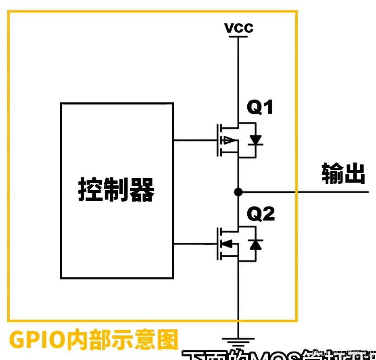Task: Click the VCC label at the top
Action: (239, 27)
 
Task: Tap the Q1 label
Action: (260, 108)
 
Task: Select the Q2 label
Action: (261, 214)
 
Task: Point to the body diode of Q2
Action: (255, 244)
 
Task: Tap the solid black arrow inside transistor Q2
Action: (228, 243)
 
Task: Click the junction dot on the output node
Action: (238, 192)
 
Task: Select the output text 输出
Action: (343, 174)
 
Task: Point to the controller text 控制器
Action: (116, 190)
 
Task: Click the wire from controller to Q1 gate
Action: (194, 141)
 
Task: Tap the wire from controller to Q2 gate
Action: (194, 243)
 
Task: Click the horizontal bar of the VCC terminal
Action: (238, 37)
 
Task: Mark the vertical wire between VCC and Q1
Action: (238, 77)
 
